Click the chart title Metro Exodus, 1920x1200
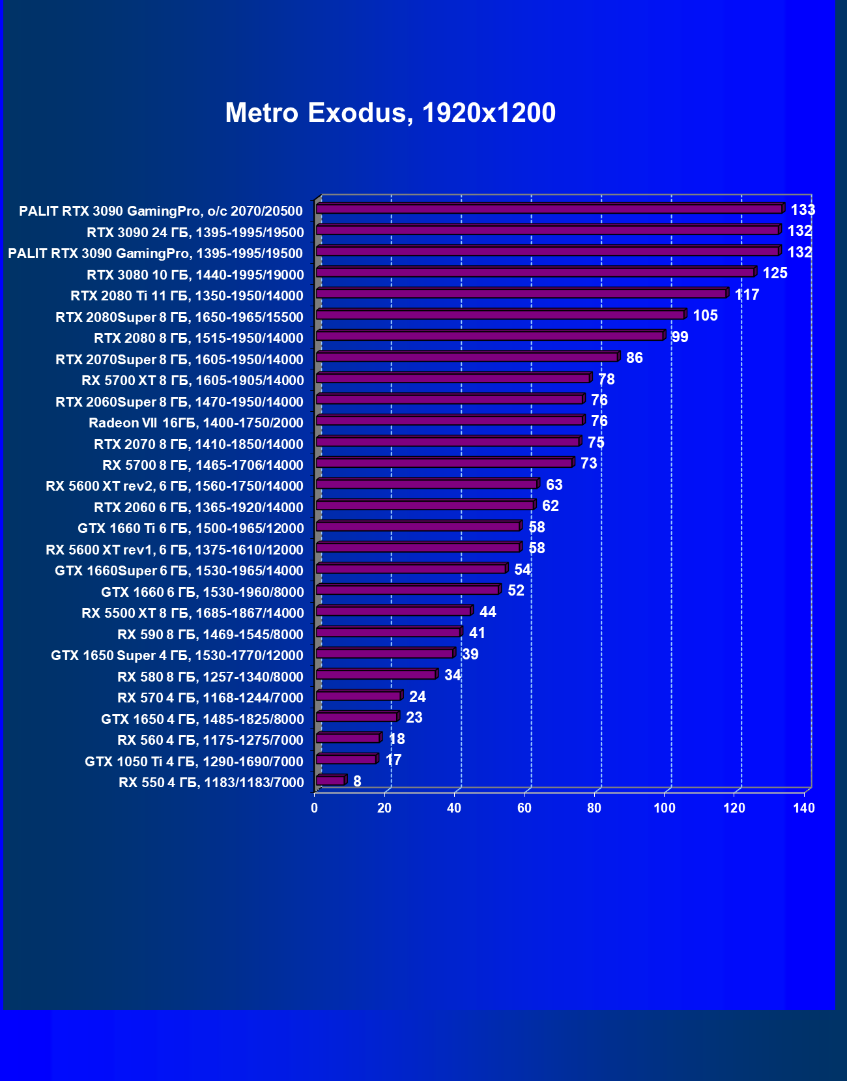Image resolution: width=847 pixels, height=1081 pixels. tap(390, 113)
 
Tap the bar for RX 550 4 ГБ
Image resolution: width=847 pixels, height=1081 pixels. tap(330, 781)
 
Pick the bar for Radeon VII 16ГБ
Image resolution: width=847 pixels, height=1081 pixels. tap(450, 421)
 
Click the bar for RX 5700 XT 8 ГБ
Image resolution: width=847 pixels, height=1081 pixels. tap(453, 379)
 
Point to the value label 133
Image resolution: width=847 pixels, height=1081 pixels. tap(803, 210)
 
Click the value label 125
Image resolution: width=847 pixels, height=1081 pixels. tap(775, 273)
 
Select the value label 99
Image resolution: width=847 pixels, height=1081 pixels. tap(680, 337)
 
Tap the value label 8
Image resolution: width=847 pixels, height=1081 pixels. tap(357, 781)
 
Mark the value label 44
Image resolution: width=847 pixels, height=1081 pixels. tap(487, 612)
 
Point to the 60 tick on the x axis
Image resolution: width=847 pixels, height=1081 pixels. tap(524, 809)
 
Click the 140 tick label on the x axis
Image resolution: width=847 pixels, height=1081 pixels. tap(804, 809)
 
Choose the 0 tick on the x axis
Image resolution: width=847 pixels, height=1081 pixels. tap(315, 809)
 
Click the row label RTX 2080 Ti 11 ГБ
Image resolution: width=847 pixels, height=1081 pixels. tap(187, 296)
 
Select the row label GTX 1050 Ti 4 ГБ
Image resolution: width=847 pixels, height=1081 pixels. tap(194, 762)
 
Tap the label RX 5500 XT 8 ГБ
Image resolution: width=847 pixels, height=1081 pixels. tap(193, 613)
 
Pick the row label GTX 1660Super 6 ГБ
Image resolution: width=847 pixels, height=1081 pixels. tap(179, 571)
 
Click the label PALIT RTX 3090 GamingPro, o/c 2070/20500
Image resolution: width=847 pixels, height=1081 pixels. tap(161, 211)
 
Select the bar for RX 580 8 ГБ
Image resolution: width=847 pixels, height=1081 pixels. tap(376, 674)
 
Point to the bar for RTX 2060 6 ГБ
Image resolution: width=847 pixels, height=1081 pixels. tap(425, 506)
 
